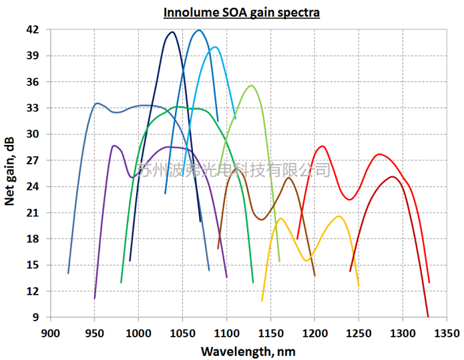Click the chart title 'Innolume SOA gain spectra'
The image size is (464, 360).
[x=242, y=12]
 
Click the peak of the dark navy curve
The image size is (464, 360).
[x=172, y=32]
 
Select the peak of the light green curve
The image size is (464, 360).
[x=251, y=85]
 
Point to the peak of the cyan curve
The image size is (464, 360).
[x=214, y=47]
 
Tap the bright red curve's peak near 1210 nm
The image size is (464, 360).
[x=322, y=146]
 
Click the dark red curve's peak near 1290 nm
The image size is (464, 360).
[x=392, y=176]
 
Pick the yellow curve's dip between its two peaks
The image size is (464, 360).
[x=306, y=260]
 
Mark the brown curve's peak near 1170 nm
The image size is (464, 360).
[x=288, y=178]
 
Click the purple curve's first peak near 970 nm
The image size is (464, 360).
[x=114, y=145]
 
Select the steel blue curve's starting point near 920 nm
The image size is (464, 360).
[x=68, y=273]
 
